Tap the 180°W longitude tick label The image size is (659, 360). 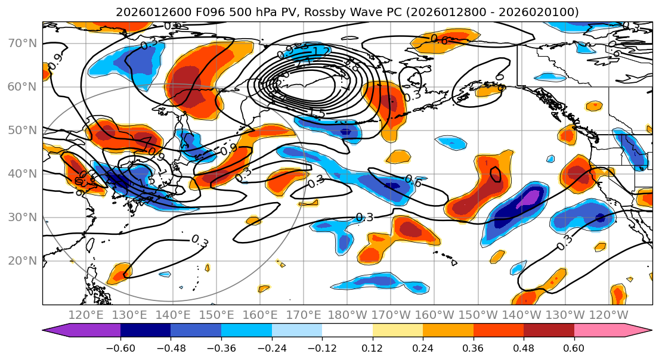click(x=347, y=314)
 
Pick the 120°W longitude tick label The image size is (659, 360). click(x=608, y=314)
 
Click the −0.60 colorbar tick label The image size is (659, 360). click(x=120, y=347)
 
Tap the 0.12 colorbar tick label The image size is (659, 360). click(x=373, y=347)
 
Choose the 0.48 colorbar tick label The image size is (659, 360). click(x=524, y=347)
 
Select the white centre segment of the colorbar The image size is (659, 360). click(x=347, y=331)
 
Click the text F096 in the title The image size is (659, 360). click(x=182, y=12)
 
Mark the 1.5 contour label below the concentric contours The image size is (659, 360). click(x=317, y=113)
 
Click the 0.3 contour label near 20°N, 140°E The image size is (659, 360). click(x=200, y=241)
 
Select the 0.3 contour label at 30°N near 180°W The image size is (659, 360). click(x=364, y=218)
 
